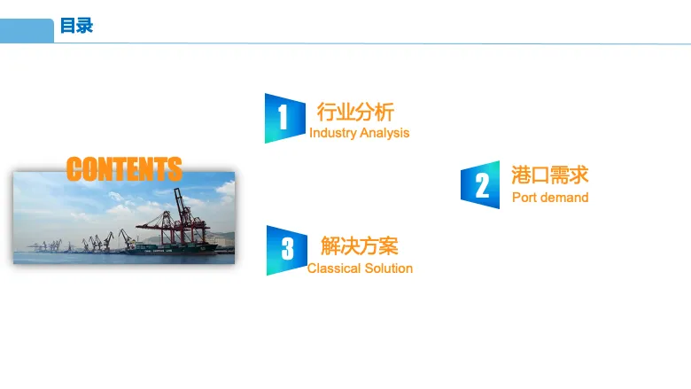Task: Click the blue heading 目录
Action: point(76,26)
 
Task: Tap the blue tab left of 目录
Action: point(27,30)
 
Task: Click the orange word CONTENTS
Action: point(124,168)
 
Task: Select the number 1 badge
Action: point(284,118)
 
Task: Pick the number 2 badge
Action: point(480,184)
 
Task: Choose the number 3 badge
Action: point(286,250)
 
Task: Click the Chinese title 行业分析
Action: point(355,112)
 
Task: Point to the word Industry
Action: point(333,133)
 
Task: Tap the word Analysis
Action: point(384,133)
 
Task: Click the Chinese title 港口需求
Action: point(549,175)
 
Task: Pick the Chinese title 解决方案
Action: point(359,245)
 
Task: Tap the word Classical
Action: point(334,268)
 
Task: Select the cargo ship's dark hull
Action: point(172,250)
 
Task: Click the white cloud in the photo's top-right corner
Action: point(226,189)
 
